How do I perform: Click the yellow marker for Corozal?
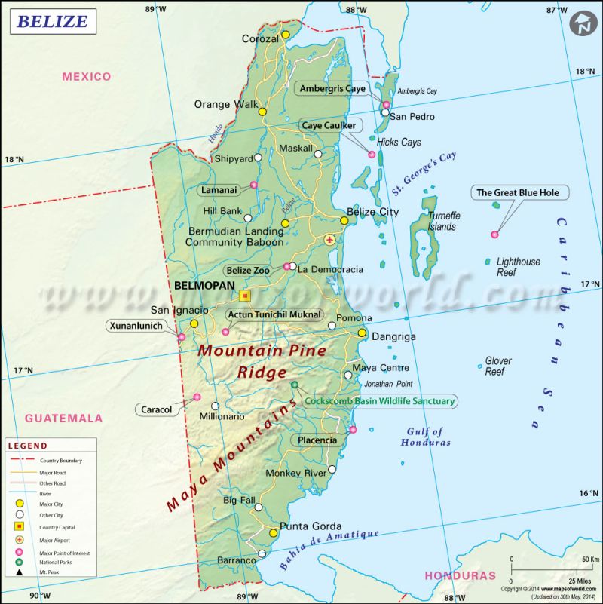tap(286, 35)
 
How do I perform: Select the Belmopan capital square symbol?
tap(244, 296)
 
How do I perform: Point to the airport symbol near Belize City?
tap(329, 239)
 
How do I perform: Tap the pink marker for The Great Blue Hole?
tap(494, 235)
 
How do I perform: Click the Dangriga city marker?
tap(362, 333)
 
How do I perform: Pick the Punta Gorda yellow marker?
tap(274, 533)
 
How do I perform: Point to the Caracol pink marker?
tap(197, 397)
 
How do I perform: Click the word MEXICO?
tap(87, 76)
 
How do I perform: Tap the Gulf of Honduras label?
tap(427, 437)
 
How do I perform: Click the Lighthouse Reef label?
tap(518, 267)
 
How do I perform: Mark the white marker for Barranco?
tap(262, 553)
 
